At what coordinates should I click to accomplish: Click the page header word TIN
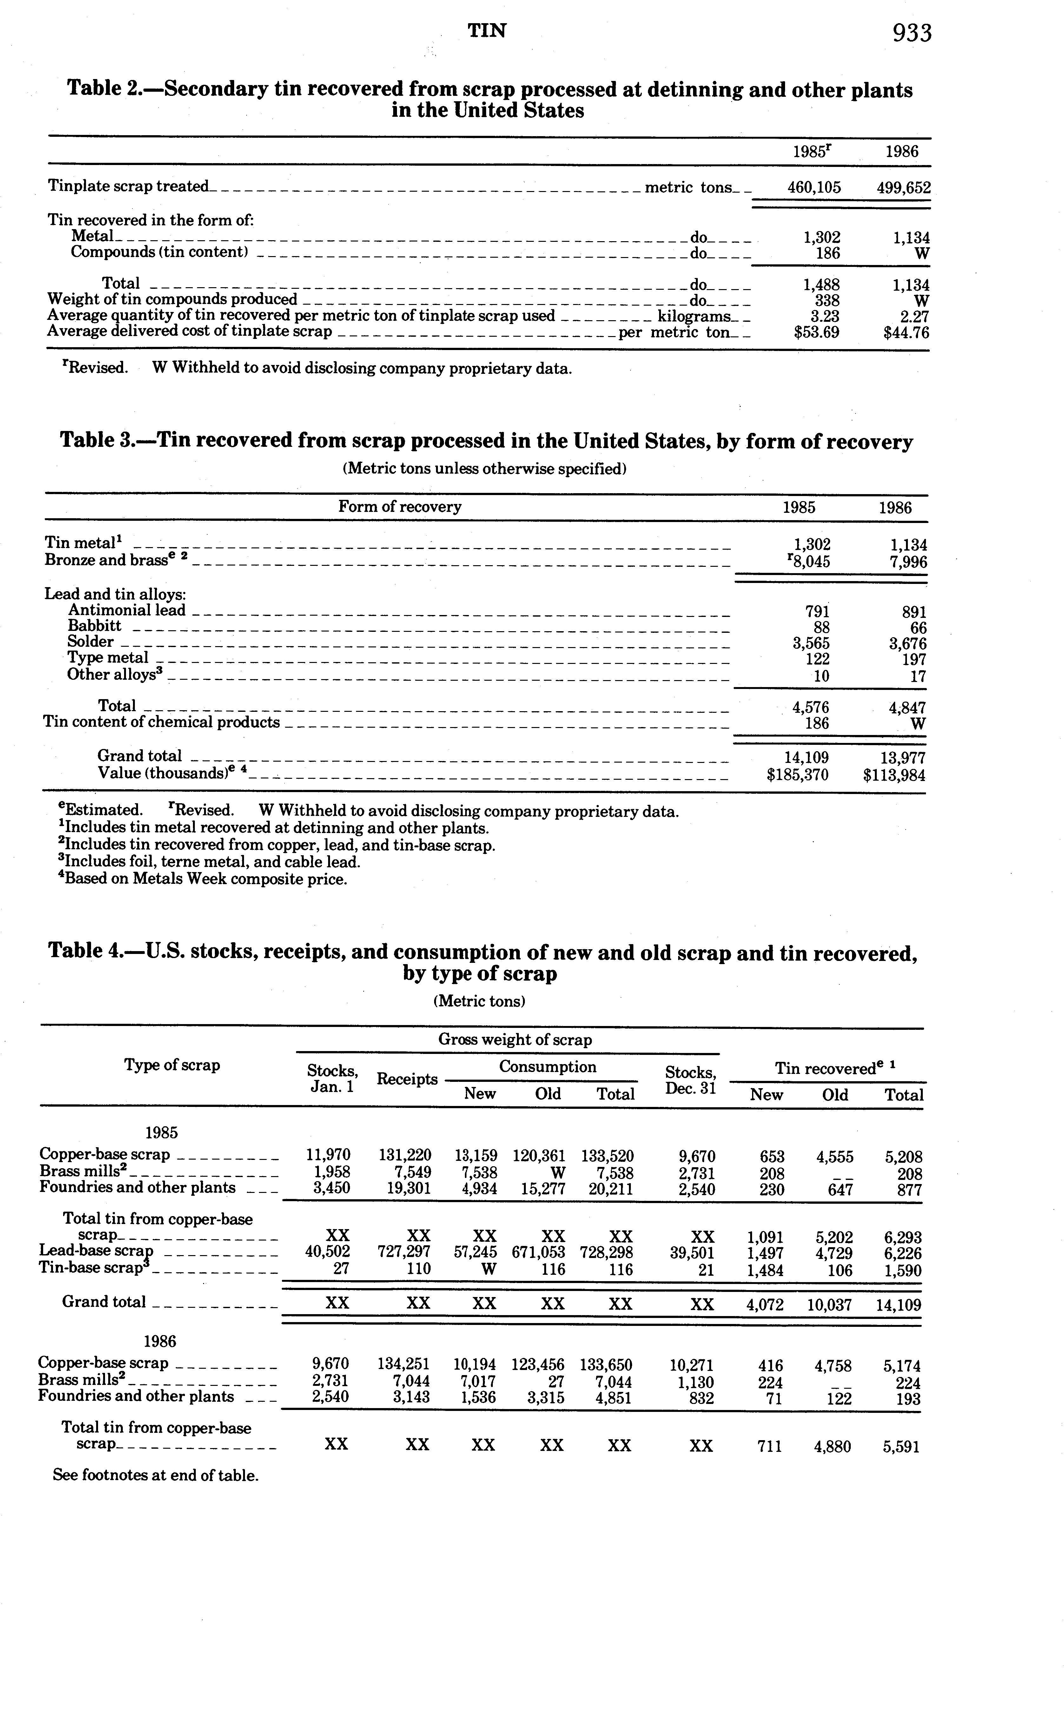[487, 30]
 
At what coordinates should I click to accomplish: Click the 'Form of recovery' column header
[400, 507]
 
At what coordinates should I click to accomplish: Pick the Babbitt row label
[94, 625]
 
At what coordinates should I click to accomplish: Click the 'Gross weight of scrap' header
[515, 1039]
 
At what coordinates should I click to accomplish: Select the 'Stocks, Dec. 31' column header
[690, 1080]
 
